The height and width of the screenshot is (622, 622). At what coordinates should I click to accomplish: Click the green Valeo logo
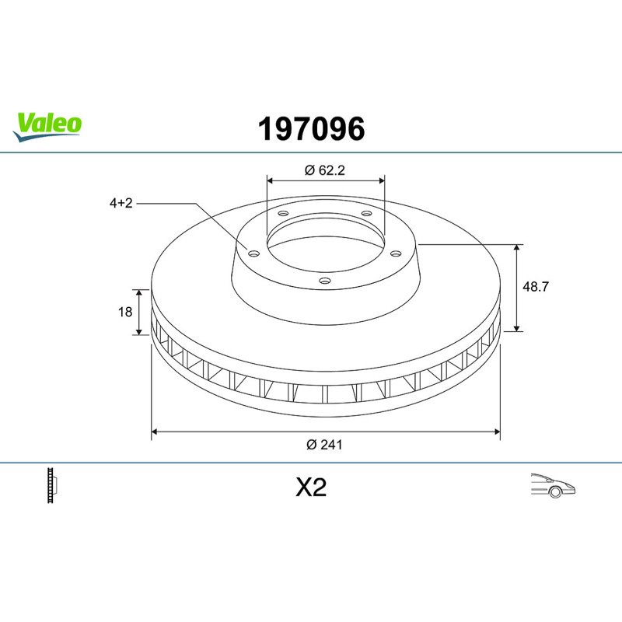[x=47, y=126]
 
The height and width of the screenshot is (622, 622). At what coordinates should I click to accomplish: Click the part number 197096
[x=312, y=129]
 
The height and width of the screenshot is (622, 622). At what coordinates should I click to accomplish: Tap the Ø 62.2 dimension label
[x=325, y=170]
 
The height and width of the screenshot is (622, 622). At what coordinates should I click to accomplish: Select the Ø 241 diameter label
[x=324, y=445]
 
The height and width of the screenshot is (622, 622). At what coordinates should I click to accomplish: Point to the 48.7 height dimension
[x=536, y=286]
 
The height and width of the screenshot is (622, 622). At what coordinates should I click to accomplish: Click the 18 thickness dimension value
[x=125, y=313]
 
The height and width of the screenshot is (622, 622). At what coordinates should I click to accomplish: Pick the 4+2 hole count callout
[x=121, y=203]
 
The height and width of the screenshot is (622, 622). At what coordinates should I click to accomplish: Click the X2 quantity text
[x=311, y=487]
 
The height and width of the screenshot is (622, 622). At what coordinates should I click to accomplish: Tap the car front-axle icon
[x=553, y=485]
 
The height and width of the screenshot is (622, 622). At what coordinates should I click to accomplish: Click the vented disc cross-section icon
[x=52, y=485]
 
